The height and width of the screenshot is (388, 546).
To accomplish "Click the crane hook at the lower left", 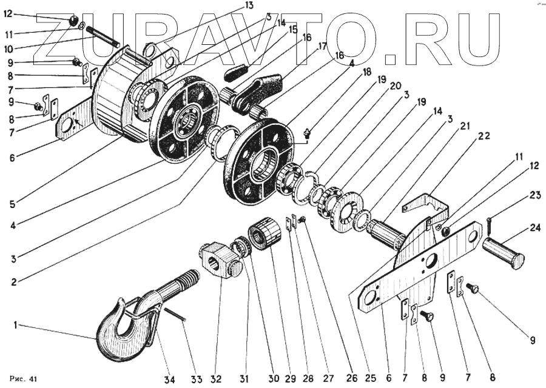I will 124,333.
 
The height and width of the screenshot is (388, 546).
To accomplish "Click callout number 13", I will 232,5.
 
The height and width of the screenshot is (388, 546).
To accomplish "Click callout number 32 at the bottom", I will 216,380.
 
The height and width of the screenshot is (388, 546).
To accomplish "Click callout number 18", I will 367,71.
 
